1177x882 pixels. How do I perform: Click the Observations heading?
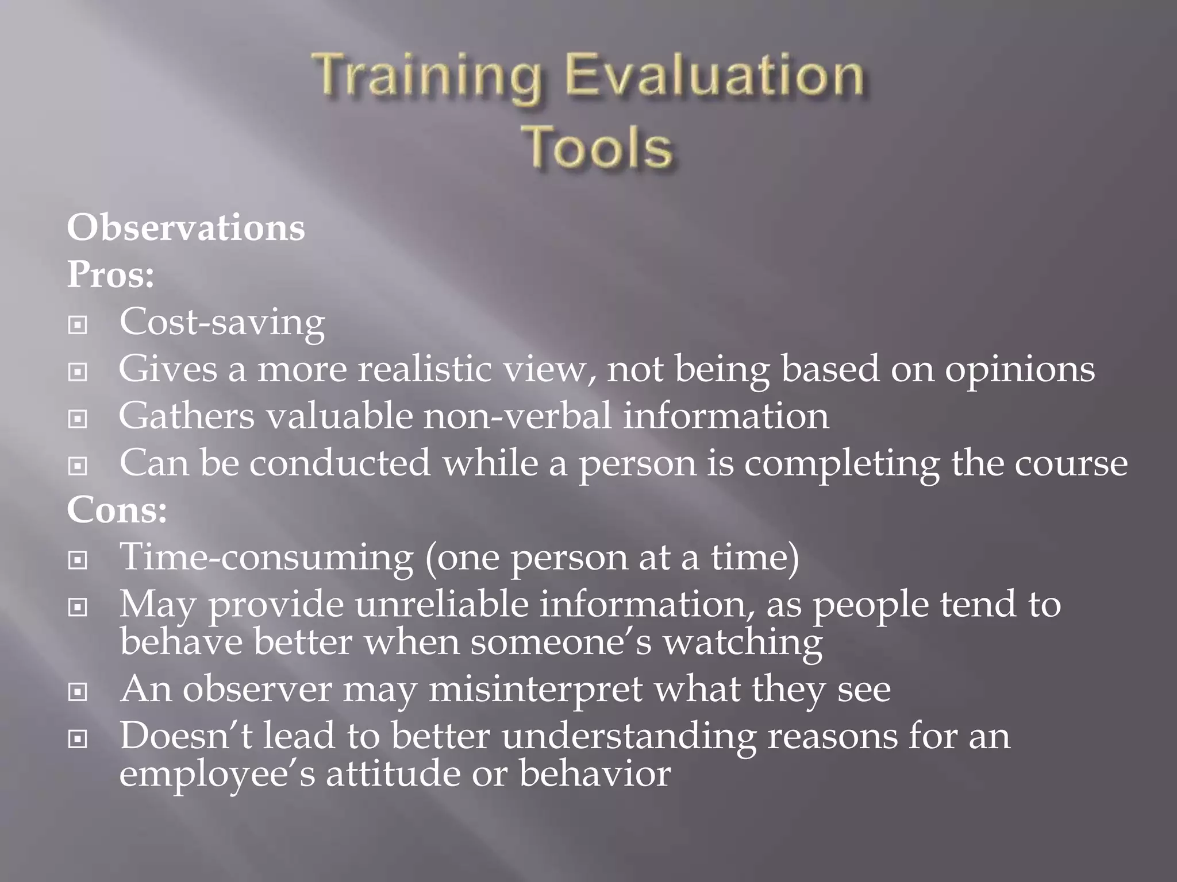[x=186, y=228]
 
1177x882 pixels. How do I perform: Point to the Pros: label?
[x=110, y=275]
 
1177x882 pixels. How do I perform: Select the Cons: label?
[x=117, y=510]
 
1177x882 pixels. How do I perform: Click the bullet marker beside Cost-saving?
[x=78, y=326]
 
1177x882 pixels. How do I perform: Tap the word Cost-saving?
[x=222, y=323]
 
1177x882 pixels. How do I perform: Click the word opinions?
[x=1020, y=370]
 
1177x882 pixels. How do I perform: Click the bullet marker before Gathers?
[x=78, y=420]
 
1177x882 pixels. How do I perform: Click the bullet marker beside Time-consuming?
[x=78, y=560]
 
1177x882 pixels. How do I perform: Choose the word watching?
[x=743, y=642]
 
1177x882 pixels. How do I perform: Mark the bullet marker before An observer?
[x=78, y=693]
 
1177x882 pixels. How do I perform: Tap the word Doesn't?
[x=186, y=736]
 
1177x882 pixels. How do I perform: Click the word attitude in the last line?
[x=393, y=773]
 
